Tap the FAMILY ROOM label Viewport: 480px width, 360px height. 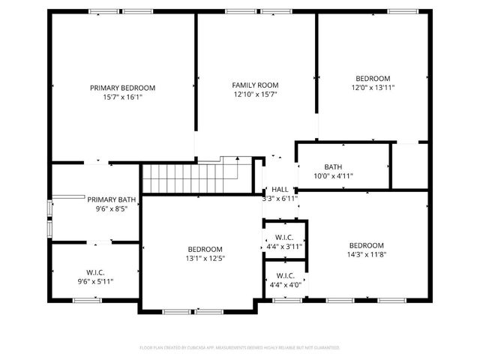click(x=255, y=85)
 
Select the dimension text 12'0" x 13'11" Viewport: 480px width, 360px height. click(x=373, y=88)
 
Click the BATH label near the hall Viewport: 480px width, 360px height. click(x=333, y=167)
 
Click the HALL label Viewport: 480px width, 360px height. click(x=280, y=190)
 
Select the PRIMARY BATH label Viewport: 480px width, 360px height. click(x=112, y=199)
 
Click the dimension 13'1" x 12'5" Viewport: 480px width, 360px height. click(x=205, y=259)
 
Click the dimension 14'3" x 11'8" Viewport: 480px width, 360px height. click(x=367, y=255)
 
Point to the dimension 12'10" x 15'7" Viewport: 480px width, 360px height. click(x=255, y=94)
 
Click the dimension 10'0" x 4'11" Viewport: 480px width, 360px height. click(x=333, y=176)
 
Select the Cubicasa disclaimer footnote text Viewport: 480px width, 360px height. click(x=240, y=348)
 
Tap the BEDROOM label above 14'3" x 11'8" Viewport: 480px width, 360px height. click(x=367, y=246)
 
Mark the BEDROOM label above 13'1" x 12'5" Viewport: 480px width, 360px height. click(x=205, y=250)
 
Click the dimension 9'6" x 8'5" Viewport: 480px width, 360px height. click(x=112, y=208)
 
